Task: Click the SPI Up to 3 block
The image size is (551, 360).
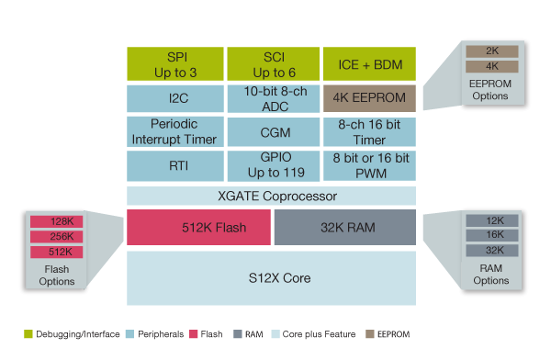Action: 174,62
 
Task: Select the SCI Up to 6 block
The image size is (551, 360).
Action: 272,62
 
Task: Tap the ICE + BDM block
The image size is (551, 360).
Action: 369,62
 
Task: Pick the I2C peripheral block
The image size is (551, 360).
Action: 174,98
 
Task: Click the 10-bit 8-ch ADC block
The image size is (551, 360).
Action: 272,98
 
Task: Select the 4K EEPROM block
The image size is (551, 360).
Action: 369,98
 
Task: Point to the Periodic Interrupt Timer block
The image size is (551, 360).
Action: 174,132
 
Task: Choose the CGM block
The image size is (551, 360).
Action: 272,132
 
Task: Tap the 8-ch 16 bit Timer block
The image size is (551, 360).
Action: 369,132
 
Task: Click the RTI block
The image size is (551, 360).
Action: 174,166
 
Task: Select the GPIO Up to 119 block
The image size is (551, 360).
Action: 272,166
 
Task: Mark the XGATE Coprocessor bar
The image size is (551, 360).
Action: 272,197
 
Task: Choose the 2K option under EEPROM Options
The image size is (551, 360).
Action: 491,51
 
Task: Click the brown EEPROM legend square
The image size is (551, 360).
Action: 370,334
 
